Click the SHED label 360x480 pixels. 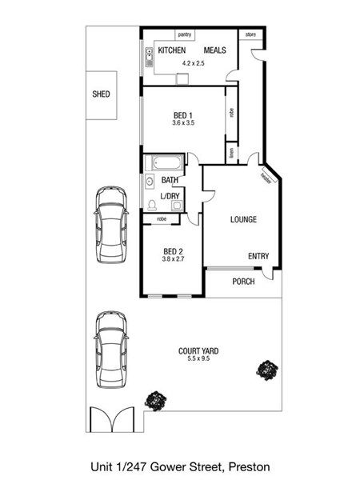coord(101,94)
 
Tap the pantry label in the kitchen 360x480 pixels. coord(185,34)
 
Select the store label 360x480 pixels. coord(250,34)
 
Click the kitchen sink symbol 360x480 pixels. coord(149,58)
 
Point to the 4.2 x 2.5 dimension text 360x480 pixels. coord(193,63)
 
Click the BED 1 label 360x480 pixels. coord(182,115)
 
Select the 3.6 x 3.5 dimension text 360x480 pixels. coord(183,122)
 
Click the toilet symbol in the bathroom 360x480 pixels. coord(152,205)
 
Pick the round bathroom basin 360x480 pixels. coord(150,181)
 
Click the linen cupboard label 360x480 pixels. coord(232,153)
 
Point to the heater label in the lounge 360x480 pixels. coord(266,178)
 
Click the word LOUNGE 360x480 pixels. coord(243,219)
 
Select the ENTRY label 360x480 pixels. coord(258,256)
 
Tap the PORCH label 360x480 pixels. coord(243,282)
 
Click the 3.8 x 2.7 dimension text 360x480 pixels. coord(173,259)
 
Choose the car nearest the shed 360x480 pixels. coord(111,224)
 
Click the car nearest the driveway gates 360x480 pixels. coord(111,350)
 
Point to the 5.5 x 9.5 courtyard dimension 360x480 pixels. coord(198,358)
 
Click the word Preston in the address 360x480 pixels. coord(250,467)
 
